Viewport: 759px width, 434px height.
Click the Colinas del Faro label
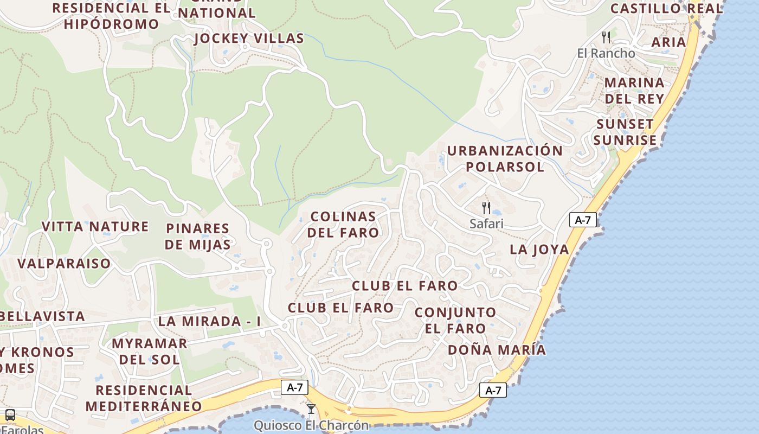pos(343,225)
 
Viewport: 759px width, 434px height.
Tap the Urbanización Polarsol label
pos(505,158)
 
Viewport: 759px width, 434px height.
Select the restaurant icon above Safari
pos(486,207)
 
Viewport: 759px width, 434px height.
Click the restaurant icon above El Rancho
pos(606,37)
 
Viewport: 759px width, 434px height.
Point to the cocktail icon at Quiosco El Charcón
pos(311,409)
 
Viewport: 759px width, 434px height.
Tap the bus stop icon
pos(10,415)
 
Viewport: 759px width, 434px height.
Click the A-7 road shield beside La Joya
pos(583,220)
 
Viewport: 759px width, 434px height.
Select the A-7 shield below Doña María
pos(493,390)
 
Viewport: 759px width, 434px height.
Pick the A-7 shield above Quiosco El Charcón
pos(295,387)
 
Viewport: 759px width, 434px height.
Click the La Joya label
pos(539,250)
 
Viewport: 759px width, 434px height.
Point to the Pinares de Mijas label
pos(198,236)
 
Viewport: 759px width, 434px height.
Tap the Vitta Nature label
pos(95,226)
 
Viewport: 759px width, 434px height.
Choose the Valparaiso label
pos(64,264)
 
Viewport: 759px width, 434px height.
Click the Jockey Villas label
pos(249,39)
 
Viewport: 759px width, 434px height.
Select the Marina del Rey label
pos(634,91)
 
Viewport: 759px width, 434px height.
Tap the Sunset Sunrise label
pos(625,132)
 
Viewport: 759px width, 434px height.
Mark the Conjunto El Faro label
pos(455,320)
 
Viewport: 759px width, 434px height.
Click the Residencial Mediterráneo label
pos(144,398)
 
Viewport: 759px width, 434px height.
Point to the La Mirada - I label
pos(209,321)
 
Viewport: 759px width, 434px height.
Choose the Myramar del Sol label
pos(149,351)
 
